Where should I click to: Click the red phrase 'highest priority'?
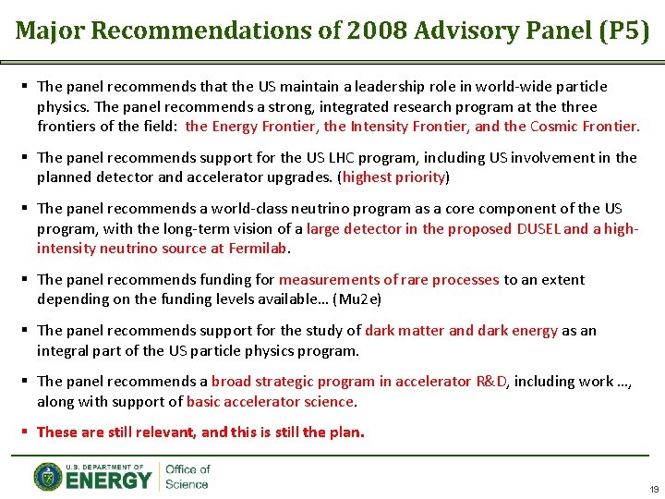394,176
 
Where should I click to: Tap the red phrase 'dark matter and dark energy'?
462,330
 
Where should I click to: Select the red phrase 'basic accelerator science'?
270,401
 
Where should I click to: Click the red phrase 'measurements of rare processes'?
389,279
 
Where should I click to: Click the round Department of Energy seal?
48,477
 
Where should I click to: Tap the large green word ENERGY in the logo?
108,481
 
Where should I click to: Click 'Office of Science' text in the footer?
187,477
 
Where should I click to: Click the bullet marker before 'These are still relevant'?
25,432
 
